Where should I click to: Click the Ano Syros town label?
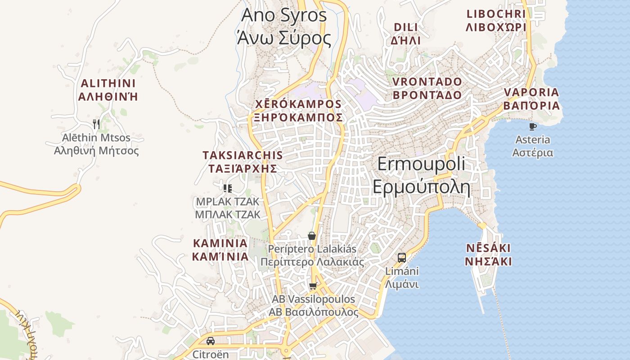click(284, 26)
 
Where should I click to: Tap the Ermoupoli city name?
click(421, 175)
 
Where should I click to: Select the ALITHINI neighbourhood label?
click(108, 90)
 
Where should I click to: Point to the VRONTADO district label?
click(427, 88)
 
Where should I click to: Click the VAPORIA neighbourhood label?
click(531, 99)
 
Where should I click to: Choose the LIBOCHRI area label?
click(496, 21)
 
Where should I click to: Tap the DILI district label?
click(405, 34)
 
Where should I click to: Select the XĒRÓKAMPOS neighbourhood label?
click(298, 111)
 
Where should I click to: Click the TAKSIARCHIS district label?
click(243, 162)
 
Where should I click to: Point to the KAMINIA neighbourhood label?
click(220, 250)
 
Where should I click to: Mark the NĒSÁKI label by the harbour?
click(488, 255)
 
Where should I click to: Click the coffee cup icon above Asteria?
click(533, 126)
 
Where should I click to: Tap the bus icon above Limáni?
click(402, 258)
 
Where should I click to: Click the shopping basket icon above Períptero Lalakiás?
click(311, 236)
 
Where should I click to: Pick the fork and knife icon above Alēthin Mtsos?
click(96, 124)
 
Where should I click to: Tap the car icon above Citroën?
click(211, 341)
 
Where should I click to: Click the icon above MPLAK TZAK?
click(228, 188)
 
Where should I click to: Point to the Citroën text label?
click(211, 354)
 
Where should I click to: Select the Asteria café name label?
click(533, 146)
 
